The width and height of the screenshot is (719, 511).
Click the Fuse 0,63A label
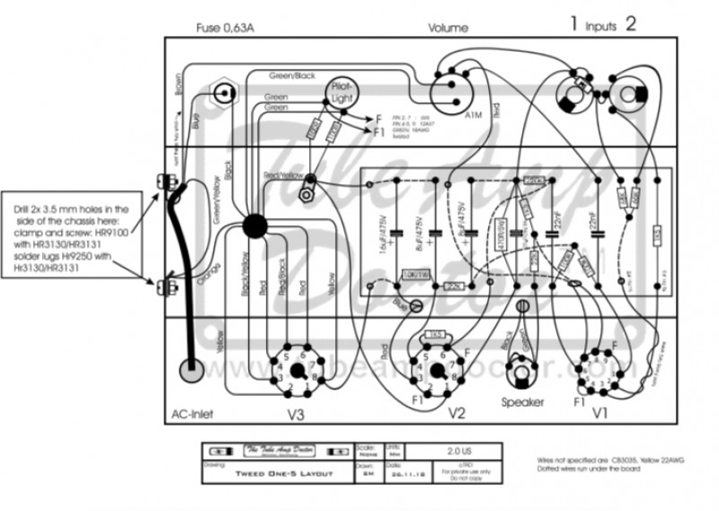tap(226, 29)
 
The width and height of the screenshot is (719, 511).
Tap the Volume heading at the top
tap(448, 29)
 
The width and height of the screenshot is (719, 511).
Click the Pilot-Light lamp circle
tap(342, 89)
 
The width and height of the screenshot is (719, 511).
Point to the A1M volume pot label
tap(474, 116)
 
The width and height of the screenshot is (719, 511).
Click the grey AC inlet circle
tap(191, 371)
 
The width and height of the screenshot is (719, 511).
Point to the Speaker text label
tap(522, 402)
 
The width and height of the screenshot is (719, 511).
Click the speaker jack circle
tap(522, 369)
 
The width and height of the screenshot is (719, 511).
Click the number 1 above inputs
tap(573, 25)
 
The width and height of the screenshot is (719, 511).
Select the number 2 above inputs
tap(631, 25)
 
